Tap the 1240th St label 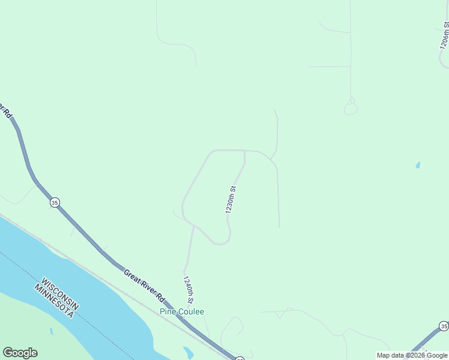click(x=188, y=290)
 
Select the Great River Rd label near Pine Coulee click(x=144, y=284)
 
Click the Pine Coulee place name click(x=182, y=311)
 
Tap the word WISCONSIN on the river click(x=60, y=294)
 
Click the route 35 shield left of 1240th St click(x=55, y=203)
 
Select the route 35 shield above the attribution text click(x=444, y=326)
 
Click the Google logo click(x=20, y=353)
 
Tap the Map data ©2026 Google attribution click(x=412, y=355)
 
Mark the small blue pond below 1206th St click(x=418, y=165)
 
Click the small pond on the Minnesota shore click(x=52, y=331)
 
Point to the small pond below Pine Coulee click(x=188, y=352)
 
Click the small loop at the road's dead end click(x=351, y=108)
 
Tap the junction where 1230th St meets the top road click(x=244, y=151)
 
